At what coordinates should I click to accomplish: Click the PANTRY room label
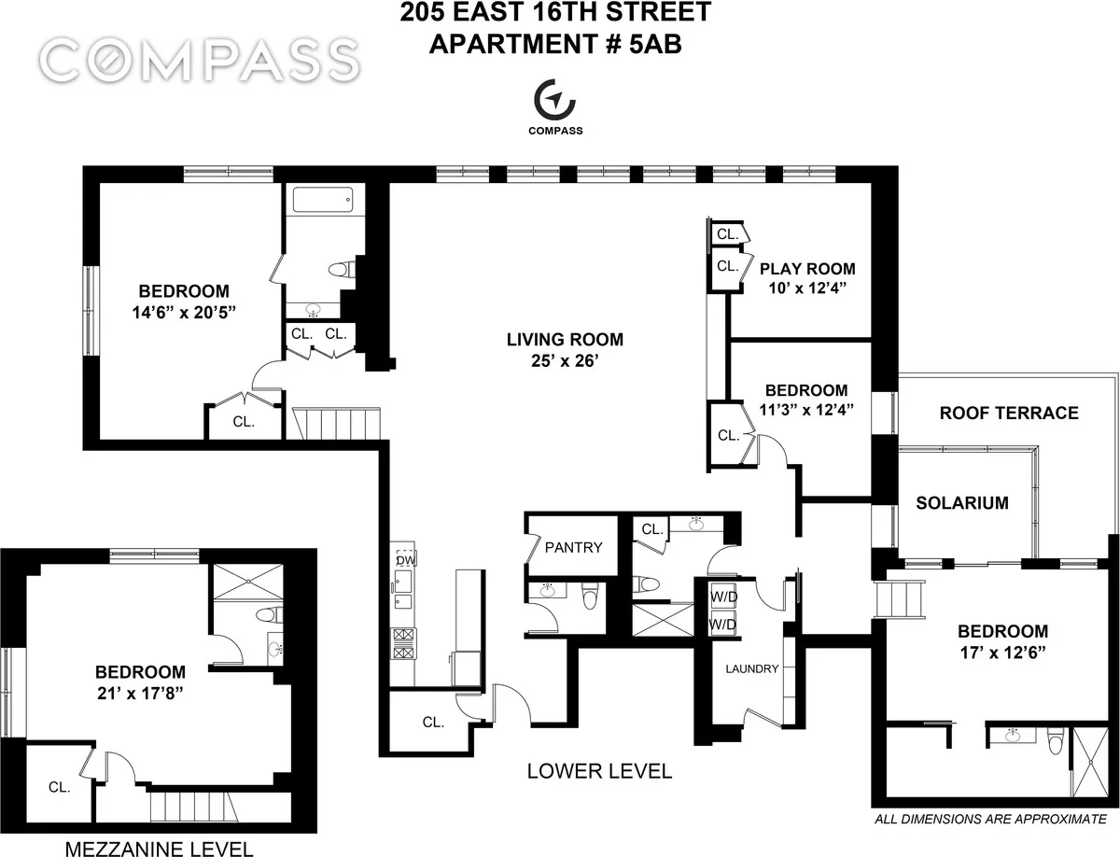574,548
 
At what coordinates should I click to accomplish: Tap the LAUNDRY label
751,668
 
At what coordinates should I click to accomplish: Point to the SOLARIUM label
961,503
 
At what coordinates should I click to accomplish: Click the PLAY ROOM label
805,269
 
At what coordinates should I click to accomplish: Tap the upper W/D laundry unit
720,596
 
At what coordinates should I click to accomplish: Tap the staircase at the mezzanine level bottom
190,804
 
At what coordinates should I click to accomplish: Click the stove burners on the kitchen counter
404,642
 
